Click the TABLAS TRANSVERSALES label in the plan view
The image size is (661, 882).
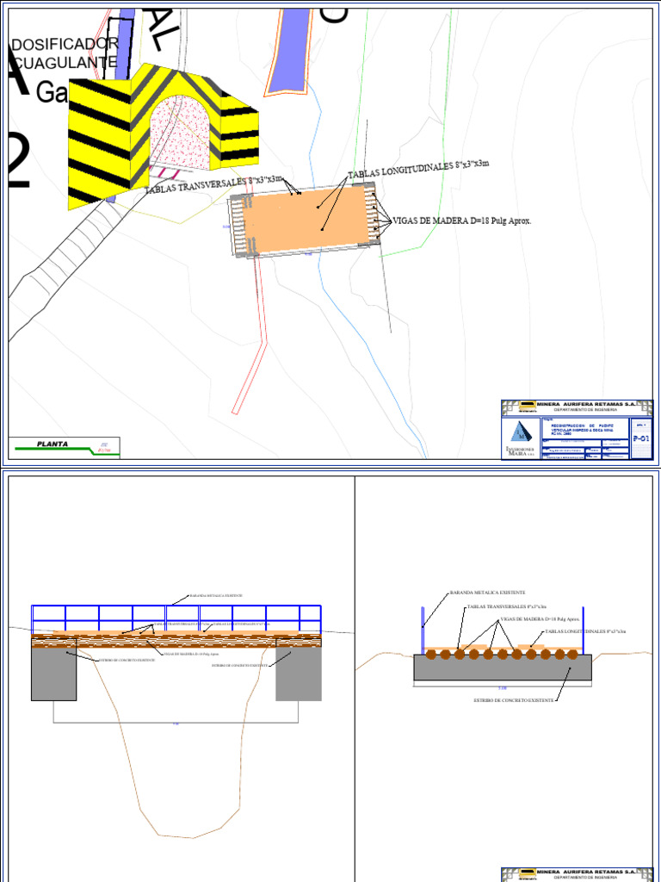pos(213,183)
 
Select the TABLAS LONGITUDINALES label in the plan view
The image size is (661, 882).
pos(418,170)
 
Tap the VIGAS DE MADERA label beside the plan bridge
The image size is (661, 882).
pos(462,220)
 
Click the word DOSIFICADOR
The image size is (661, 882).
pos(65,44)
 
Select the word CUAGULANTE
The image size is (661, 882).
pos(64,63)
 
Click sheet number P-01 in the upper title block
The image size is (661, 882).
pos(641,438)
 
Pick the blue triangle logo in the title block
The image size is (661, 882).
pos(519,432)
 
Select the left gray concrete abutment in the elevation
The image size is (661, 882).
pos(53,672)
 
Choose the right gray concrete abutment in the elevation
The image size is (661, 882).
pos(299,672)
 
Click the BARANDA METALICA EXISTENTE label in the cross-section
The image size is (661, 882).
pos(487,593)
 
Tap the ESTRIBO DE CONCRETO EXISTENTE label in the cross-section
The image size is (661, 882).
pos(513,700)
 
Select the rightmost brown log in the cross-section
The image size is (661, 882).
pos(572,655)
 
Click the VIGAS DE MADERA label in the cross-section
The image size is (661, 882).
pos(540,618)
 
